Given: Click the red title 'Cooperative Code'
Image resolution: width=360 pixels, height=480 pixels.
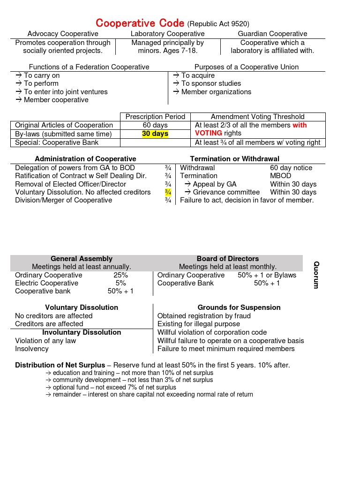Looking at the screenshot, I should click(140, 23).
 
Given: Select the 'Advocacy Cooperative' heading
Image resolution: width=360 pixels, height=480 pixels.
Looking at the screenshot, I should click(63, 34).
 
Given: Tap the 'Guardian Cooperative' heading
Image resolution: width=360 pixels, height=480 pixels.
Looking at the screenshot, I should click(272, 34).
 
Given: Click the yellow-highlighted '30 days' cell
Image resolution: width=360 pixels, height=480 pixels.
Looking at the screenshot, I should click(155, 134).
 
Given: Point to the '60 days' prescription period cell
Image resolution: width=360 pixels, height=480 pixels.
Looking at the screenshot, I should click(155, 125).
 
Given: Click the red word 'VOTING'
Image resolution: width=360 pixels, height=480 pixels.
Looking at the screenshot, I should click(208, 133).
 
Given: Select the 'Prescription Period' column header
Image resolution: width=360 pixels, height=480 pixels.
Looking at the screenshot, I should click(155, 117).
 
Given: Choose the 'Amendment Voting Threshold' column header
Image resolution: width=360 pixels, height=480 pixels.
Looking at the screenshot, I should click(257, 117).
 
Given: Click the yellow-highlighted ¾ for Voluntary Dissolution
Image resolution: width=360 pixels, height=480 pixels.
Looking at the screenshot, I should click(168, 192).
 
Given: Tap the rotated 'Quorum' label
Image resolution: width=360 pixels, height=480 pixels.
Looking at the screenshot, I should click(316, 275).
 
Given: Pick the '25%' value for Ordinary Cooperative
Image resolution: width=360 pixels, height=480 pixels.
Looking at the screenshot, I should click(120, 275).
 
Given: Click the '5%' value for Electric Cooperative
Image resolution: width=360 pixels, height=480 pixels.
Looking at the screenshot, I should click(120, 283).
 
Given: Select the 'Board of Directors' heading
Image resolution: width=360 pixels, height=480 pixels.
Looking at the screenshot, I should click(227, 259).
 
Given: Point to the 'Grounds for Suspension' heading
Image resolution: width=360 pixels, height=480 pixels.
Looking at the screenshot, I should click(239, 307).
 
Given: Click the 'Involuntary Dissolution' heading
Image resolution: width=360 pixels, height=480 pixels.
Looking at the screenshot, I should click(82, 332).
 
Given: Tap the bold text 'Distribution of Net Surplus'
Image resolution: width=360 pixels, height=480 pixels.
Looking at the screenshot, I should click(60, 365).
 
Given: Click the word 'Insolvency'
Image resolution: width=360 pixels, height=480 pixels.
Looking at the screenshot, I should click(32, 349).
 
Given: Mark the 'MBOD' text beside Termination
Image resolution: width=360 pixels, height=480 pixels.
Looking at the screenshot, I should click(280, 176).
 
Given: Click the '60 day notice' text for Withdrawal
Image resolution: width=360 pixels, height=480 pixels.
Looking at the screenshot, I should click(291, 168).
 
